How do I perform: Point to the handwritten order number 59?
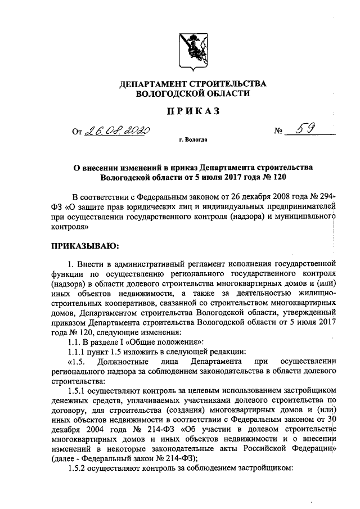(x=308, y=130)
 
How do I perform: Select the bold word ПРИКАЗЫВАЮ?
(x=85, y=245)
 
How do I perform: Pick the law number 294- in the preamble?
(x=324, y=197)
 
